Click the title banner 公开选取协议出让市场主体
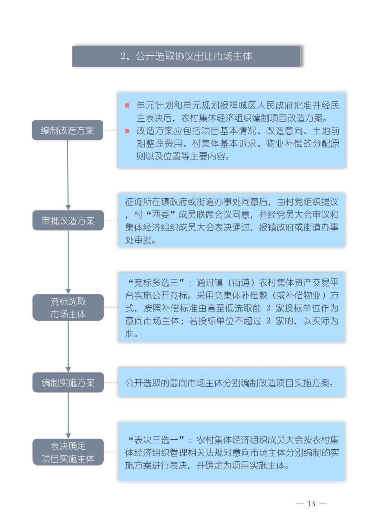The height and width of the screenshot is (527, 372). click(x=186, y=56)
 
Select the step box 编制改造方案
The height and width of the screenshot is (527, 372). click(x=68, y=130)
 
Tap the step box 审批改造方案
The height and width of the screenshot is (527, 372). click(x=68, y=220)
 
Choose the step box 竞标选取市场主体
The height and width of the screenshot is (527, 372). click(x=68, y=308)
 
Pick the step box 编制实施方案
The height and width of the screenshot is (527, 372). click(x=68, y=382)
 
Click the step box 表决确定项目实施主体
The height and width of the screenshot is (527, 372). click(x=68, y=452)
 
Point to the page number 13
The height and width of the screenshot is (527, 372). click(x=311, y=504)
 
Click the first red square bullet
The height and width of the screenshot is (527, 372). click(x=127, y=105)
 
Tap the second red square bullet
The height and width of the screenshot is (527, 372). click(x=127, y=131)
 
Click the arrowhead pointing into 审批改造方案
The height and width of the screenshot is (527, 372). click(x=68, y=207)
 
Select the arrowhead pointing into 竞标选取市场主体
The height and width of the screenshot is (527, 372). click(x=68, y=291)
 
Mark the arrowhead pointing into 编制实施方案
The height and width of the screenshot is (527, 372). click(x=68, y=370)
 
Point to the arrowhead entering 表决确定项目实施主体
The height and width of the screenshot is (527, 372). click(x=68, y=436)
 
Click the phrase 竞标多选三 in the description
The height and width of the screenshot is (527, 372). click(x=156, y=283)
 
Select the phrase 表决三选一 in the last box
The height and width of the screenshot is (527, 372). click(x=156, y=440)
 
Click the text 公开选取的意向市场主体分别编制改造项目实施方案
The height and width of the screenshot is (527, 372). click(x=229, y=383)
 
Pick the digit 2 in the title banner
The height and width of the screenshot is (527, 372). click(x=123, y=56)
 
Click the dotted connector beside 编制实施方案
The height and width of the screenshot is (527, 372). click(x=111, y=382)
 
